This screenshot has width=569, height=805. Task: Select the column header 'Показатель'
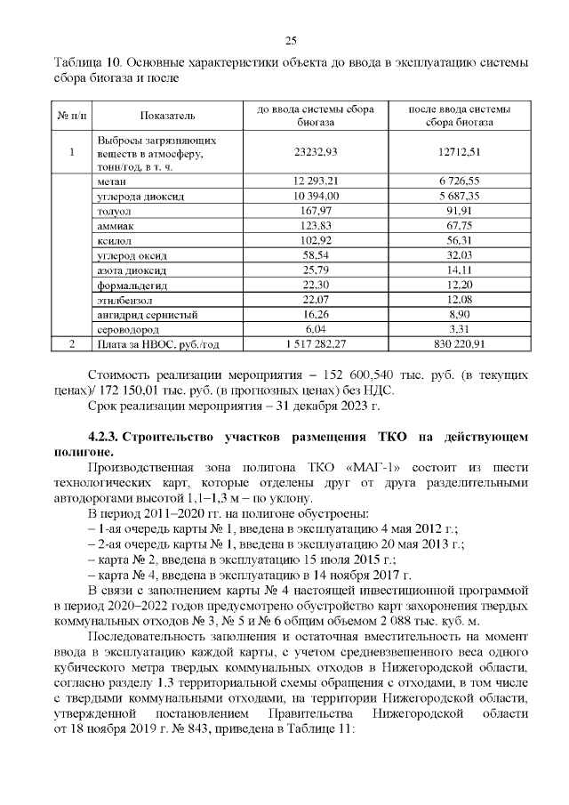(x=168, y=117)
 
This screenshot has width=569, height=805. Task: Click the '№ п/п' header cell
(x=70, y=117)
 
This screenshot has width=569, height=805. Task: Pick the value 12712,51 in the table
(x=460, y=153)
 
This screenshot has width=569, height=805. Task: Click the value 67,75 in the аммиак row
(x=460, y=225)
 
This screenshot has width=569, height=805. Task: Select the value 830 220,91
(x=460, y=344)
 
